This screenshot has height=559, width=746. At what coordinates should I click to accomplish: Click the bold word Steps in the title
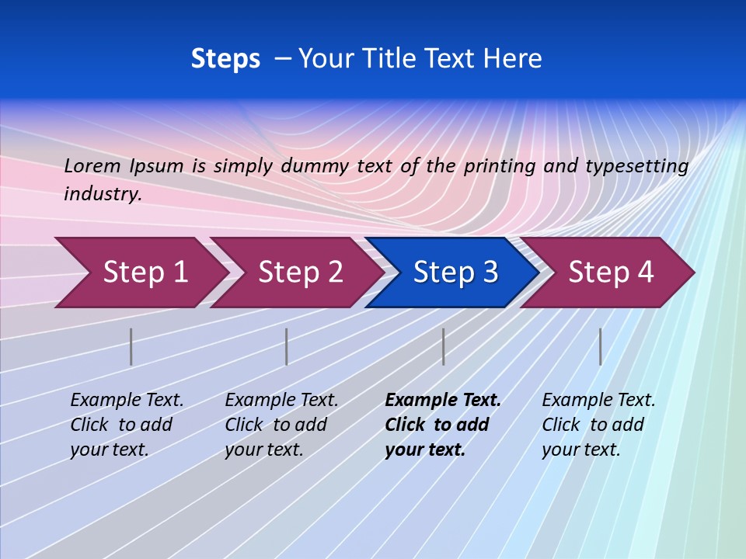coord(225,59)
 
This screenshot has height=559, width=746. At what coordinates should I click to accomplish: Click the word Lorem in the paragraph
coord(92,165)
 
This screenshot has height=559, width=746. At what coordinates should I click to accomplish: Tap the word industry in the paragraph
coord(103,194)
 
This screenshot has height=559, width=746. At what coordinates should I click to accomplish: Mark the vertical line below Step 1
coord(131,346)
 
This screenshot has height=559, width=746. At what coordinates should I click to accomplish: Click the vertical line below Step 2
coord(287,346)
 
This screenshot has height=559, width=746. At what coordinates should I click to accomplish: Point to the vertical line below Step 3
coord(443,346)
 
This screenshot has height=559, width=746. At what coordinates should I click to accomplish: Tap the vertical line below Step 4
coord(600,346)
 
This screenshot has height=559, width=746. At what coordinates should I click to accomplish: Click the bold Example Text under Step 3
coord(443,401)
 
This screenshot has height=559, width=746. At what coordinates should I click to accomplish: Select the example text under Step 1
coord(127,425)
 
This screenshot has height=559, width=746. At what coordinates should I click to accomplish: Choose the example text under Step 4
coord(598,425)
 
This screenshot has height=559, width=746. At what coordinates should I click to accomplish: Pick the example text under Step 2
coord(281,425)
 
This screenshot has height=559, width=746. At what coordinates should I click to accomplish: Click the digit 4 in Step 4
coord(645,273)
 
